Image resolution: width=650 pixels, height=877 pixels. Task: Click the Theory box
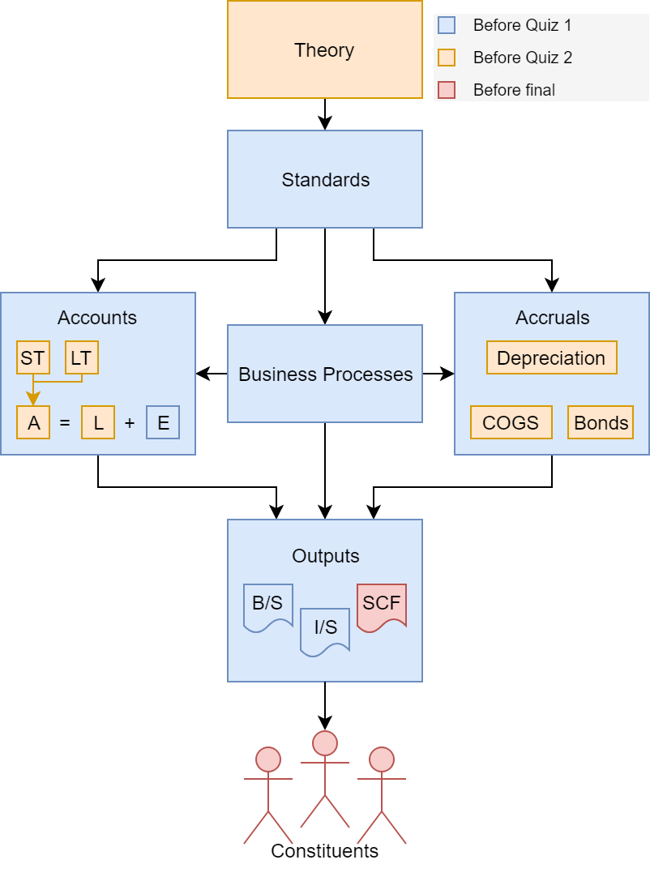[x=324, y=50]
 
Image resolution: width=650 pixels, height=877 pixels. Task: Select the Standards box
[x=324, y=179]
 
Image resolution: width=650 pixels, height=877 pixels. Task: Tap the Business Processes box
[x=324, y=374]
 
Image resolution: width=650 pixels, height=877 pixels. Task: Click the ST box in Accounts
[x=32, y=357]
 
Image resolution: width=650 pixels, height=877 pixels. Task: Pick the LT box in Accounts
[x=81, y=357]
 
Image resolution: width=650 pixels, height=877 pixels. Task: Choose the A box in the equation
[x=33, y=422]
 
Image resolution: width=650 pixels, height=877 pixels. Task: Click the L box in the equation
[x=98, y=422]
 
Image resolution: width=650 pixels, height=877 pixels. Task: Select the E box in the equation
[x=163, y=422]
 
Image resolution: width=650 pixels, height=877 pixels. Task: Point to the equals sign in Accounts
[x=65, y=422]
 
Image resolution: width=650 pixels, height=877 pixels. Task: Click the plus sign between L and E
[x=130, y=422]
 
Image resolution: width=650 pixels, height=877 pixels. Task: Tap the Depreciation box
[x=551, y=357]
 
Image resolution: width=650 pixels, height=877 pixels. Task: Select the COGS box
[x=511, y=422]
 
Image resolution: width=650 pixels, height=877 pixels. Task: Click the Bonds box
[x=601, y=422]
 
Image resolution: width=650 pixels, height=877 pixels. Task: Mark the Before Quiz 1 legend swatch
[x=447, y=25]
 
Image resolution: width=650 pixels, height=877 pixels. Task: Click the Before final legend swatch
[x=447, y=90]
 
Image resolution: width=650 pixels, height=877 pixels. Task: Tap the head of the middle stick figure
[x=324, y=742]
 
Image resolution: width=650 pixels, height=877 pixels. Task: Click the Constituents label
[x=324, y=851]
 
